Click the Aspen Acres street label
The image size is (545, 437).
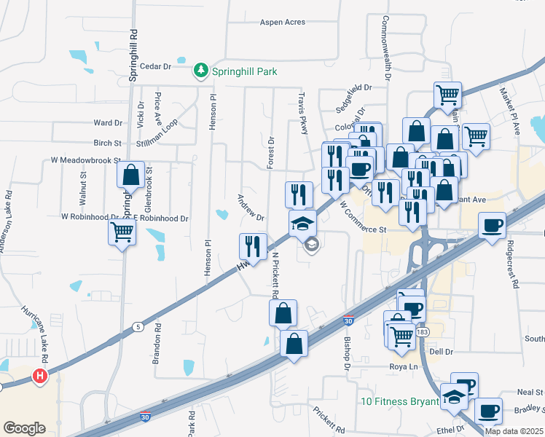pyautogui.click(x=283, y=23)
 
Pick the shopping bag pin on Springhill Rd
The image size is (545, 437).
pyautogui.click(x=130, y=176)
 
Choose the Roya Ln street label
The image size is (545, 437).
pyautogui.click(x=401, y=367)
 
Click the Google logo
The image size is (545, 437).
pyautogui.click(x=24, y=428)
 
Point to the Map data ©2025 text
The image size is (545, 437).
pyautogui.click(x=513, y=431)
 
